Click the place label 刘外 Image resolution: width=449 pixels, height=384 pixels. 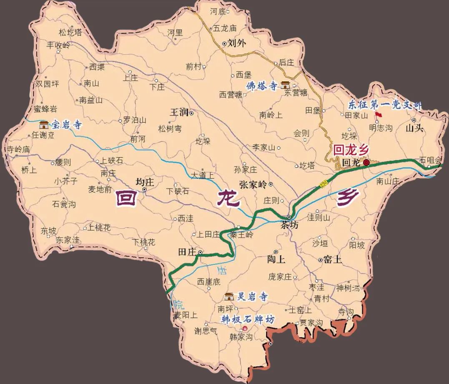pyautogui.click(x=235, y=43)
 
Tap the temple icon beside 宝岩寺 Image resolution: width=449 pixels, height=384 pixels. pyautogui.click(x=44, y=125)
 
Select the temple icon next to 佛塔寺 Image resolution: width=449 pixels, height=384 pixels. pyautogui.click(x=286, y=85)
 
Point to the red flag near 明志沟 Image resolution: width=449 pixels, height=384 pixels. pyautogui.click(x=378, y=114)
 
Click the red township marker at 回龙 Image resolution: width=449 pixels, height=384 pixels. pyautogui.click(x=366, y=163)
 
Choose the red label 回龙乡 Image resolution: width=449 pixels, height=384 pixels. pyautogui.click(x=351, y=149)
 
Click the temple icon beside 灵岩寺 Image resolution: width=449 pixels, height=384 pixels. pyautogui.click(x=229, y=296)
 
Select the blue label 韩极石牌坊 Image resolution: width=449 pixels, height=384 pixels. pyautogui.click(x=248, y=320)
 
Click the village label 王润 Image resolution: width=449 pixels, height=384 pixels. pyautogui.click(x=179, y=113)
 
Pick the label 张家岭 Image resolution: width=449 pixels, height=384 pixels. pyautogui.click(x=253, y=184)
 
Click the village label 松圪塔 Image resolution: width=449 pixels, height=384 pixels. pyautogui.click(x=70, y=32)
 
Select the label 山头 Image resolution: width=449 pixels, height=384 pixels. pyautogui.click(x=414, y=128)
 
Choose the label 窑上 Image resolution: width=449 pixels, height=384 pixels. pyautogui.click(x=332, y=260)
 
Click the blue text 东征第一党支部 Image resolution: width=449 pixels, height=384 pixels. pyautogui.click(x=384, y=105)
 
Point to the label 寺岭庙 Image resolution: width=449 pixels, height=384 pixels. pyautogui.click(x=18, y=149)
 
